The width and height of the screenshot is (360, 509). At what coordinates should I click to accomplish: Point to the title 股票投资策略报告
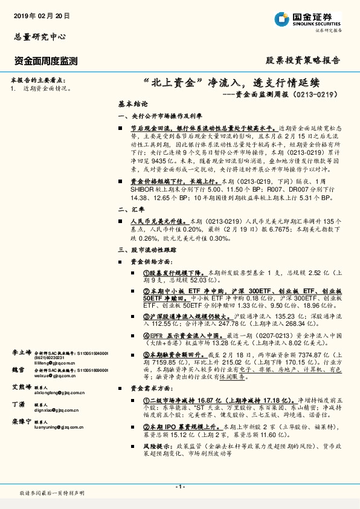click(x=303, y=60)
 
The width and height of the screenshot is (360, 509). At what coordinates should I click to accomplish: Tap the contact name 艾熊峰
click(x=21, y=386)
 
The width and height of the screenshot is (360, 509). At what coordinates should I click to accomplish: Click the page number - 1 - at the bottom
click(x=179, y=487)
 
